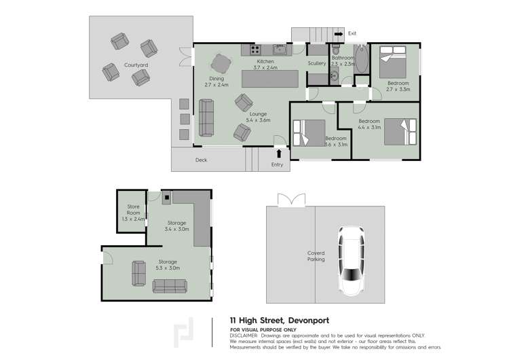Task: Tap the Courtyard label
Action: click(136, 65)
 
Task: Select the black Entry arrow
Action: click(278, 154)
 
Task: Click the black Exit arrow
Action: click(339, 33)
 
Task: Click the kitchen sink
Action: click(279, 49)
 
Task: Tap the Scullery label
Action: click(316, 64)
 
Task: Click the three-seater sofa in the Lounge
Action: click(206, 117)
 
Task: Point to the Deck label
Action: click(201, 160)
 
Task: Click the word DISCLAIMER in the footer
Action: click(244, 335)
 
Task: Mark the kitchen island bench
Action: click(271, 79)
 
